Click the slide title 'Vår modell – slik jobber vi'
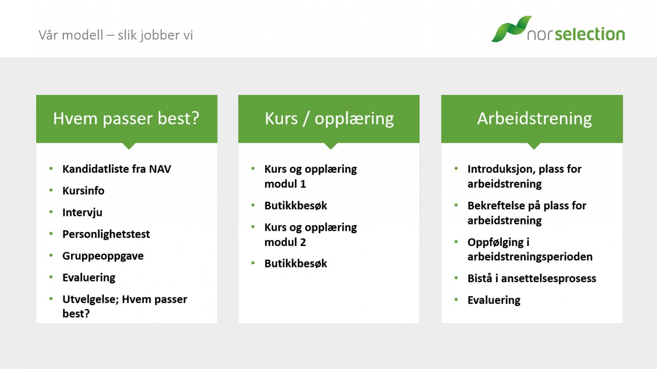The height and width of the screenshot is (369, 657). coord(115,35)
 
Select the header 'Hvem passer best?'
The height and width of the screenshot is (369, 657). coord(126,118)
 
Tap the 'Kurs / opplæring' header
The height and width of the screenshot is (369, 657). coord(329,119)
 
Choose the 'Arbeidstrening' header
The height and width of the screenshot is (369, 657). coord(535,118)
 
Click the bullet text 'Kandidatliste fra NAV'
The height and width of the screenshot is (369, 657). coord(117,169)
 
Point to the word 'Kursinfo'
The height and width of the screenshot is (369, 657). coord(84,191)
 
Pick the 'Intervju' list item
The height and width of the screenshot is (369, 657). coord(83,212)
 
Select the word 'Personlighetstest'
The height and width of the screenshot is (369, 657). coord(106,234)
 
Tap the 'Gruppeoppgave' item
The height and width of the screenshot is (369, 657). coord(103,256)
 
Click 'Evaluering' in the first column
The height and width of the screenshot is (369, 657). coord(89,278)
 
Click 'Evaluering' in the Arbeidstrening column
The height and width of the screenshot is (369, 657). coord(494,300)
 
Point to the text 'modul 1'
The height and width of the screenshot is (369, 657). coord(285,184)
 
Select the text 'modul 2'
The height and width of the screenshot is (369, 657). coord(285,242)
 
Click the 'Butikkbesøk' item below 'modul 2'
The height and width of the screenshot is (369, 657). coord(296,263)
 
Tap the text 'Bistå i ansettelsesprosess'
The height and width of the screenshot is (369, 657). coord(532,278)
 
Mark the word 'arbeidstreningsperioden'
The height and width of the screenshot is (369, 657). coord(530,257)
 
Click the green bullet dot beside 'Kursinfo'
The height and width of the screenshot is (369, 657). coord(51,190)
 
